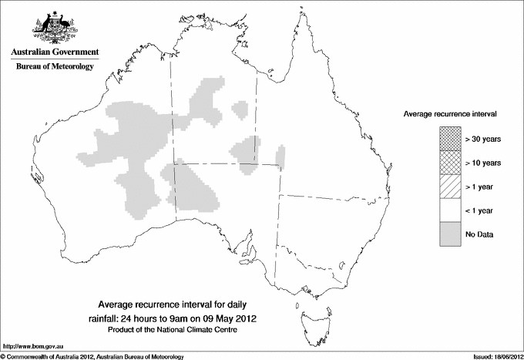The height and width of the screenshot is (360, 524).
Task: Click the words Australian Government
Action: point(54,52)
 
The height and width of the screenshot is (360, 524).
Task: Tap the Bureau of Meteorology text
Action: point(54,66)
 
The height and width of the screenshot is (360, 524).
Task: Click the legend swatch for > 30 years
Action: point(450,139)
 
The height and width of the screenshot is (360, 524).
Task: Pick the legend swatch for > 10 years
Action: point(450,163)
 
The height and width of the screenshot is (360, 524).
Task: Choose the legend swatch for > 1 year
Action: point(450,186)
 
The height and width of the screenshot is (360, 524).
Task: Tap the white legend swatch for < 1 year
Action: point(450,210)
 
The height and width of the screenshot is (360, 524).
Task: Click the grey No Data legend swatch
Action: point(450,234)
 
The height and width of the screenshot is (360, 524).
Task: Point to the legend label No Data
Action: point(479,234)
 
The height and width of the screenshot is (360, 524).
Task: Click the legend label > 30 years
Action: point(483,139)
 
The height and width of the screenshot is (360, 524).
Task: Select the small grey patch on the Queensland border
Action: point(280,156)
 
